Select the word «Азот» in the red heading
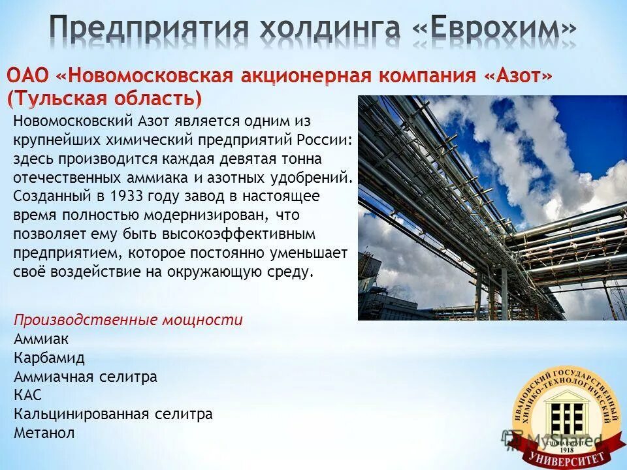coord(518,76)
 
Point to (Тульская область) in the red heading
coord(104,99)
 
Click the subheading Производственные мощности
coord(128,320)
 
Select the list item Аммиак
coord(40,339)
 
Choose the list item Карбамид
coord(49,358)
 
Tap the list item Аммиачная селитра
coord(85,377)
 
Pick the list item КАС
coord(27,395)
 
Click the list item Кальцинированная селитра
coord(112,414)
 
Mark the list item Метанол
coord(44,432)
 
